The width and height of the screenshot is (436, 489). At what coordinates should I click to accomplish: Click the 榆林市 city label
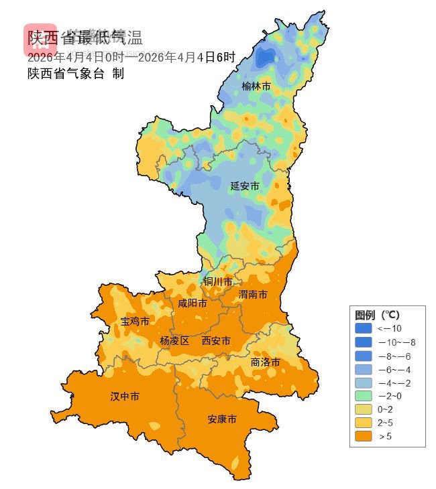[x=256, y=86]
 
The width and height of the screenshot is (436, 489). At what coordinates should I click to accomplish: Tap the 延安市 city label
[x=244, y=186]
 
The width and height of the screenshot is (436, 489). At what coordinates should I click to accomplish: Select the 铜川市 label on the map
[x=218, y=282]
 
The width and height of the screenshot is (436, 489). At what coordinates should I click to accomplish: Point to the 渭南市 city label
[x=253, y=295]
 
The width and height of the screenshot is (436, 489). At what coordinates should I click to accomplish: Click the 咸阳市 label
[x=192, y=303]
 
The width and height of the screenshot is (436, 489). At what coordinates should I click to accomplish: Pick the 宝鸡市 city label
[x=135, y=322]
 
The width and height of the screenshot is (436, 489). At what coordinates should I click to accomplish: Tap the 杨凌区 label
[x=174, y=341]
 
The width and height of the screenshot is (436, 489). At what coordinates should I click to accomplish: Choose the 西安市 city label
[x=216, y=341]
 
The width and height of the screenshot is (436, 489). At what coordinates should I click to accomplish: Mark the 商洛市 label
[x=265, y=362]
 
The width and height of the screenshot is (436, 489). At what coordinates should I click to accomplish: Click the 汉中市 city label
[x=125, y=397]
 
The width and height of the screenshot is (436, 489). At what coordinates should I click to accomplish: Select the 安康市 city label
[x=221, y=419]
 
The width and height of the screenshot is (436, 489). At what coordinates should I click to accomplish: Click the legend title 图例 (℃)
[x=377, y=315]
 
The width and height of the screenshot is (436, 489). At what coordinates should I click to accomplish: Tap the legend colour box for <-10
[x=363, y=328]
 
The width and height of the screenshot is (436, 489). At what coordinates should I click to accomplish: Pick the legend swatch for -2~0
[x=363, y=395]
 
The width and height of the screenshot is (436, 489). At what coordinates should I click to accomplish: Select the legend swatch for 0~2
[x=363, y=409]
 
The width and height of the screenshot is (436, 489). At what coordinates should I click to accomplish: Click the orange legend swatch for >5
[x=363, y=436]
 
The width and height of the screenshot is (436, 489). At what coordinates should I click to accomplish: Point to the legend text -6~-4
[x=394, y=368]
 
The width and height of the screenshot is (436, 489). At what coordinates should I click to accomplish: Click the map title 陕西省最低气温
[x=85, y=38]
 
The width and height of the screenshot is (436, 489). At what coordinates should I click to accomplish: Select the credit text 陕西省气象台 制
[x=75, y=74]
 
